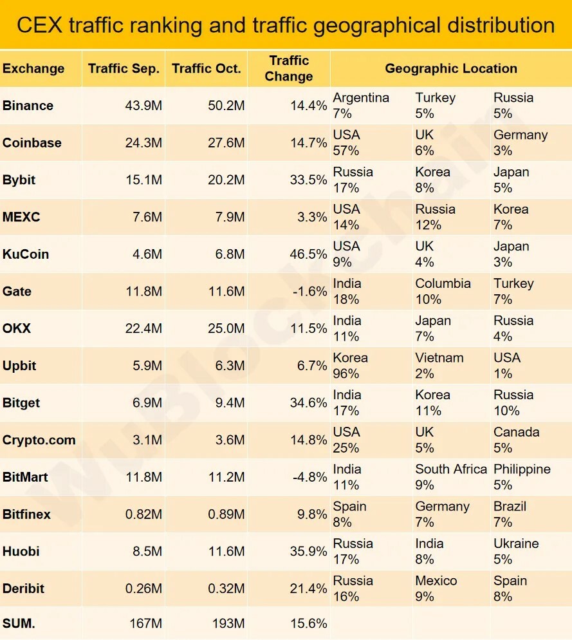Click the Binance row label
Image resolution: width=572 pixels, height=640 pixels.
pos(28,106)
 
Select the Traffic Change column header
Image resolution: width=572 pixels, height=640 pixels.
pos(289,68)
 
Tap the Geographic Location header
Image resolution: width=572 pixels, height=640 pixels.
pos(450,68)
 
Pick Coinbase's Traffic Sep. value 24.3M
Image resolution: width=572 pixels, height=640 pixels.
pos(143,143)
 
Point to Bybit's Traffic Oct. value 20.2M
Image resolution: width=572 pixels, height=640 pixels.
pos(226,180)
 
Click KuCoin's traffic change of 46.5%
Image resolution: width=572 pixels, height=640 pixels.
pos(308,254)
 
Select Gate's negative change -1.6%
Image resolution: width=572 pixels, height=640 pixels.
pos(309,292)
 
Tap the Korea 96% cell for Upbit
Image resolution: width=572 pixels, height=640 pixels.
pos(351,366)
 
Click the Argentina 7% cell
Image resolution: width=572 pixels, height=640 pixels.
pos(361,106)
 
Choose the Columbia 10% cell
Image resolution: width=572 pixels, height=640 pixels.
pos(443,292)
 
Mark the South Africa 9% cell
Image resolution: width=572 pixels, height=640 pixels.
pos(450,477)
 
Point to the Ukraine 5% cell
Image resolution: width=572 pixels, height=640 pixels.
pos(516,551)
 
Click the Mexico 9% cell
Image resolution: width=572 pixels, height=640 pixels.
pos(436,588)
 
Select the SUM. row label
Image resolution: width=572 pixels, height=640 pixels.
pos(19,623)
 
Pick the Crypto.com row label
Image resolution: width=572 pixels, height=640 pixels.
pos(39,440)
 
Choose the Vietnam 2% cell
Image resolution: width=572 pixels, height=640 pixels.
pos(439,366)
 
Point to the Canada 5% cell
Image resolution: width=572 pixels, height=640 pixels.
pos(516,440)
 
